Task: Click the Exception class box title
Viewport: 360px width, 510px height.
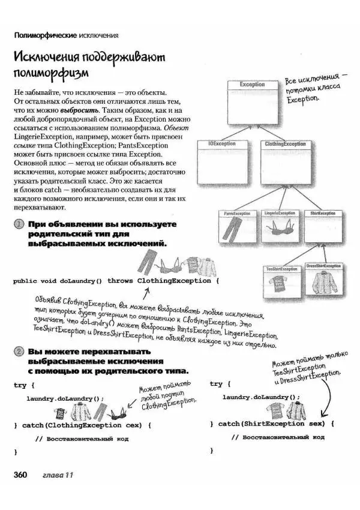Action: (252, 85)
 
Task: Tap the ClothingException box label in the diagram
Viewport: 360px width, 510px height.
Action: (286, 144)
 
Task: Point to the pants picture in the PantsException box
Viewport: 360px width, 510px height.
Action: (236, 229)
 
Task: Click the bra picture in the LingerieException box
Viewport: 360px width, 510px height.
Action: (277, 229)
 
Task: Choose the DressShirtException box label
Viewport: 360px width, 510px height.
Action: (324, 265)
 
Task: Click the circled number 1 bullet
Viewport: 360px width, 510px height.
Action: (19, 224)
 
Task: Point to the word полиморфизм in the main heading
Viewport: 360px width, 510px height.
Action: (51, 74)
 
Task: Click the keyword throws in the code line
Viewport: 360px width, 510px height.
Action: (119, 281)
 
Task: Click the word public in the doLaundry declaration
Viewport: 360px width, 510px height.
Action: (28, 281)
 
